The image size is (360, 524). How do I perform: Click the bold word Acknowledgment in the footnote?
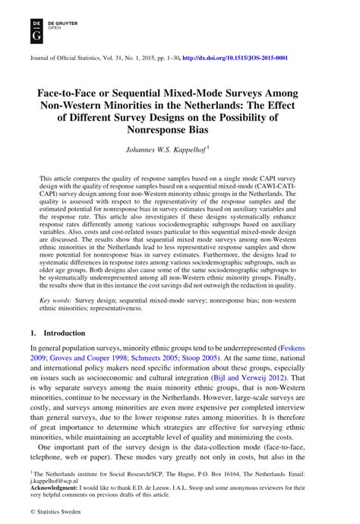click(x=54, y=486)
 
